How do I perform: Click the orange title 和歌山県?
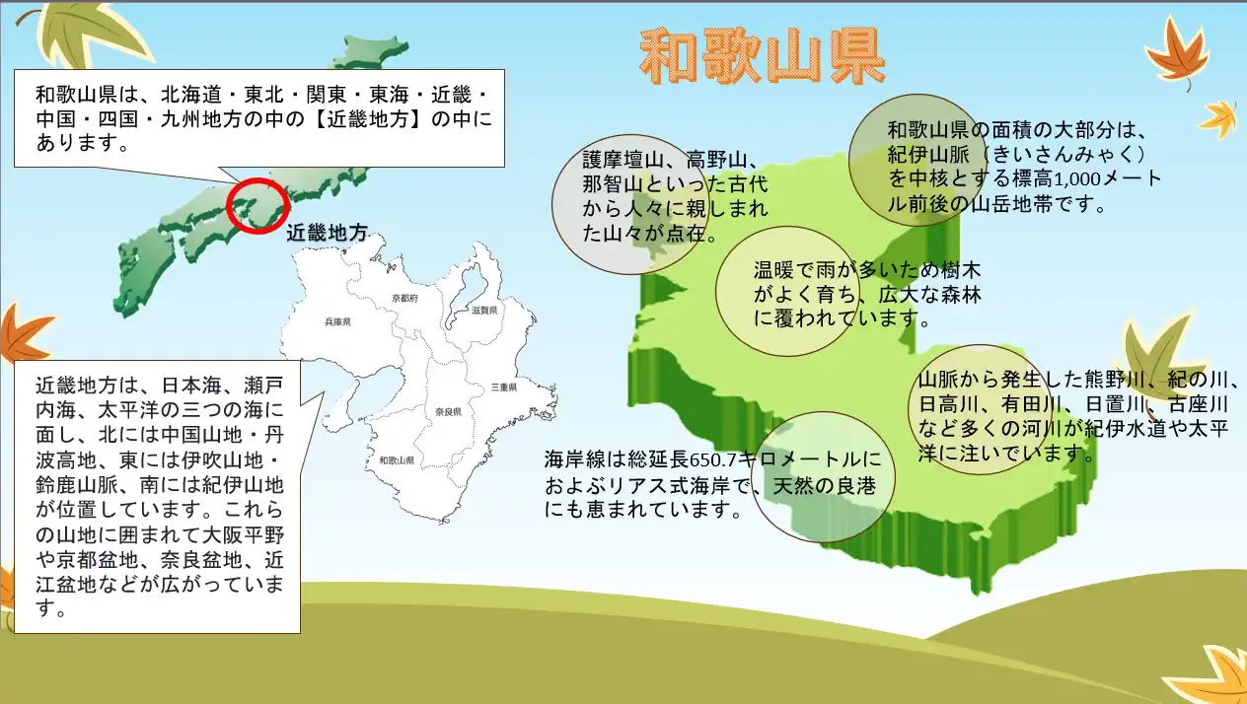[x=763, y=57]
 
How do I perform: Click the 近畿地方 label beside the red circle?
[x=328, y=233]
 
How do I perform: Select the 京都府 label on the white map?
[x=404, y=299]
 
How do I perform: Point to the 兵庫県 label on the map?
[x=338, y=321]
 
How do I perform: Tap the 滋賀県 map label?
[x=484, y=310]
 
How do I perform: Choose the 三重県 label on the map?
[x=504, y=387]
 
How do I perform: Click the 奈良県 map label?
[x=448, y=412]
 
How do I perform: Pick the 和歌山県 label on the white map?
[x=397, y=460]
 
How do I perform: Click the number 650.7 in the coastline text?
[x=712, y=460]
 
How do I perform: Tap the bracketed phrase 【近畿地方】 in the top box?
[x=369, y=119]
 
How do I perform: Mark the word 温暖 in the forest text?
[x=774, y=270]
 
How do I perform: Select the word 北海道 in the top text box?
[x=191, y=95]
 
